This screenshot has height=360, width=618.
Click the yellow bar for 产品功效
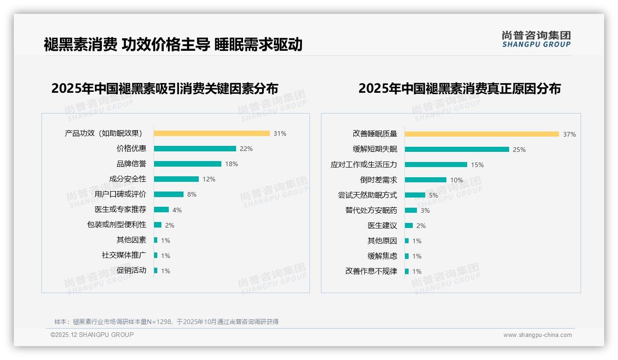coord(212,133)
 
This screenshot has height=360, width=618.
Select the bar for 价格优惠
coord(195,149)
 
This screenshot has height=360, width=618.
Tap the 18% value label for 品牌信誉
coord(232,164)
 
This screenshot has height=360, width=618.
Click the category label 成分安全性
coord(128,179)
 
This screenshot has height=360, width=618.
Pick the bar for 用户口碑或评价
coord(168,194)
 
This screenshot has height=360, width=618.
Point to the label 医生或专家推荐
coord(120,210)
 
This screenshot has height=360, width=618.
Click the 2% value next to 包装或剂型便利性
coord(170,225)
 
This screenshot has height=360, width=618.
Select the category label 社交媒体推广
coord(124,255)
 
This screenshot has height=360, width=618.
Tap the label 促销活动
coord(131,270)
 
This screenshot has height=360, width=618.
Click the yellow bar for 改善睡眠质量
coord(482,134)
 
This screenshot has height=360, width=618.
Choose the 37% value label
coord(569,134)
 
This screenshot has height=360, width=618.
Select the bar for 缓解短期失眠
coord(457,149)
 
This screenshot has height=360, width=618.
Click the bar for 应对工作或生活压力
coord(436,164)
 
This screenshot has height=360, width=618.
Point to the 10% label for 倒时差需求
coord(457,180)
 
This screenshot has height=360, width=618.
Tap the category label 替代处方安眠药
coord(371,210)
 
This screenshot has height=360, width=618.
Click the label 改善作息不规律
coord(371,271)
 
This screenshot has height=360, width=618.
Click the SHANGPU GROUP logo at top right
coord(536,39)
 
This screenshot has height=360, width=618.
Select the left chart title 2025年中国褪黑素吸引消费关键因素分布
coord(165,88)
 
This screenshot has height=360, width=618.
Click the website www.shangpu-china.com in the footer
coord(537,335)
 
